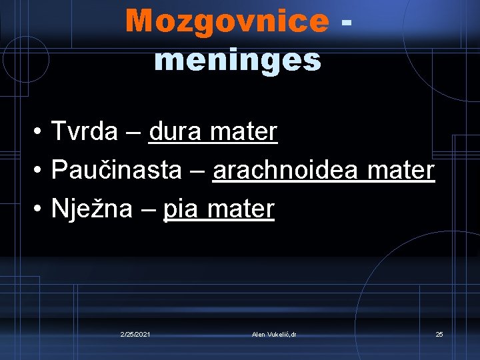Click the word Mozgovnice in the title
227,21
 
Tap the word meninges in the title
238,60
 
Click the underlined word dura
175,131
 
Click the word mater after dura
243,131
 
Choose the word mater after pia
241,209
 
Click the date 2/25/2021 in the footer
135,334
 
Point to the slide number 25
439,334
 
